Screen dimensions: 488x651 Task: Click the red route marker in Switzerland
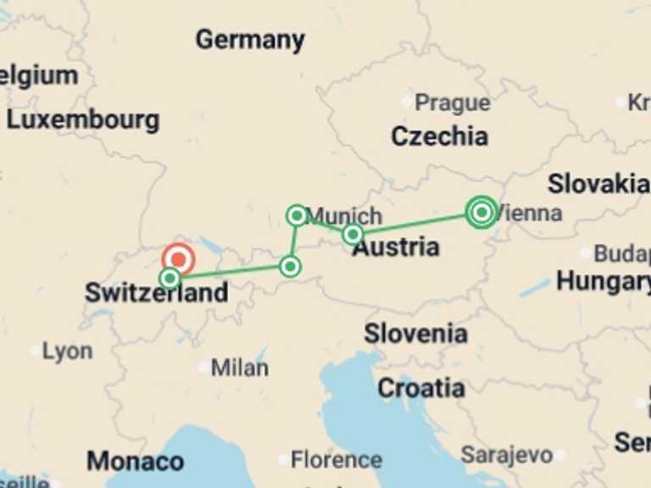[179, 260]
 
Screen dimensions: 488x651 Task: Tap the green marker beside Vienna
[481, 212]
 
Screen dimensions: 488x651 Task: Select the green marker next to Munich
[297, 215]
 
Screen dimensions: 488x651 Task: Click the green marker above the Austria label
[353, 234]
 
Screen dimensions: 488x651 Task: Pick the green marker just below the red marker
[170, 278]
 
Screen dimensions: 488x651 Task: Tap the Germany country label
[250, 39]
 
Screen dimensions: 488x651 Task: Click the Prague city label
[452, 103]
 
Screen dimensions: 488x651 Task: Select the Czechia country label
[439, 136]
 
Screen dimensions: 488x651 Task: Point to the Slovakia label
[598, 183]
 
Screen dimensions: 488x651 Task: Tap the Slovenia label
[415, 333]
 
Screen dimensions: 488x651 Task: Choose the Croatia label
[420, 388]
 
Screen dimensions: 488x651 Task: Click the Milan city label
[240, 368]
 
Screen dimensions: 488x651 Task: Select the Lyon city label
[67, 351]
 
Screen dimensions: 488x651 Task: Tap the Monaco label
[135, 461]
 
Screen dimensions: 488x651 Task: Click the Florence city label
[337, 459]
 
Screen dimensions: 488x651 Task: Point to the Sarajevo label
[507, 455]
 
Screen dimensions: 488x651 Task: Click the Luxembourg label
[83, 119]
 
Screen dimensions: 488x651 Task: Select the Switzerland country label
[157, 293]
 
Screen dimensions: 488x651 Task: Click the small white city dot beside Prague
[406, 102]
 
